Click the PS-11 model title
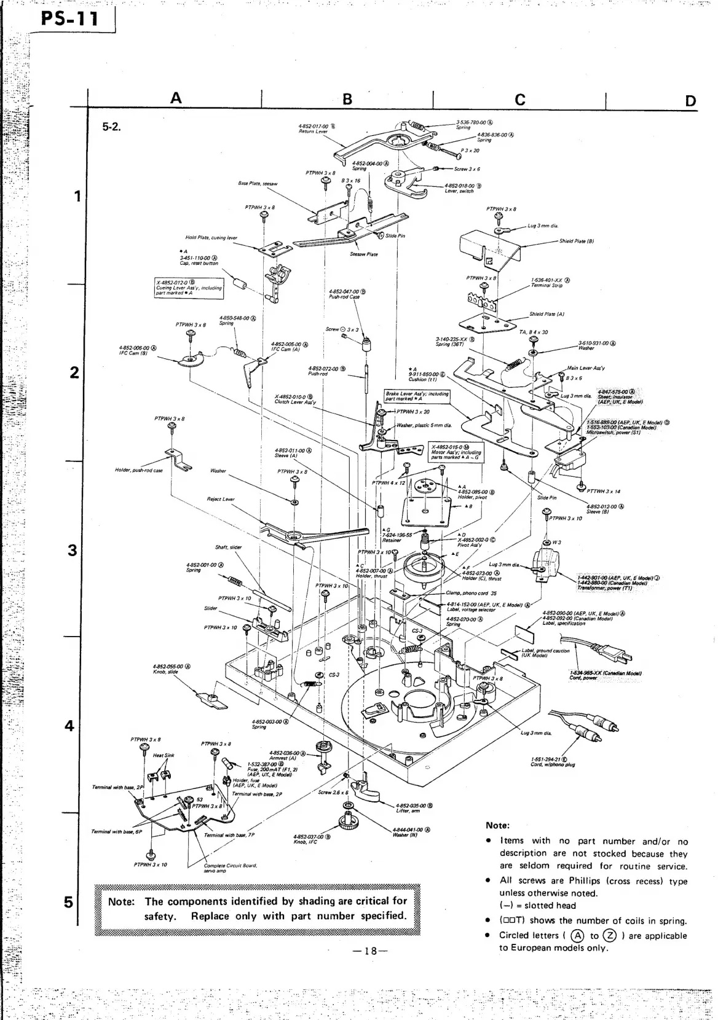pyautogui.click(x=69, y=20)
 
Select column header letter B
pyautogui.click(x=347, y=99)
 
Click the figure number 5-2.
pyautogui.click(x=112, y=127)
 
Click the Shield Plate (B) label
pyautogui.click(x=576, y=241)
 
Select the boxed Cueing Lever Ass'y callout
pyautogui.click(x=189, y=288)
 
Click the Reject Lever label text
pyautogui.click(x=221, y=500)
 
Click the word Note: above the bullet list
pyautogui.click(x=497, y=826)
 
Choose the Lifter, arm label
pyautogui.click(x=408, y=810)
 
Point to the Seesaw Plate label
pyautogui.click(x=363, y=254)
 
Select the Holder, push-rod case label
pyautogui.click(x=139, y=471)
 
